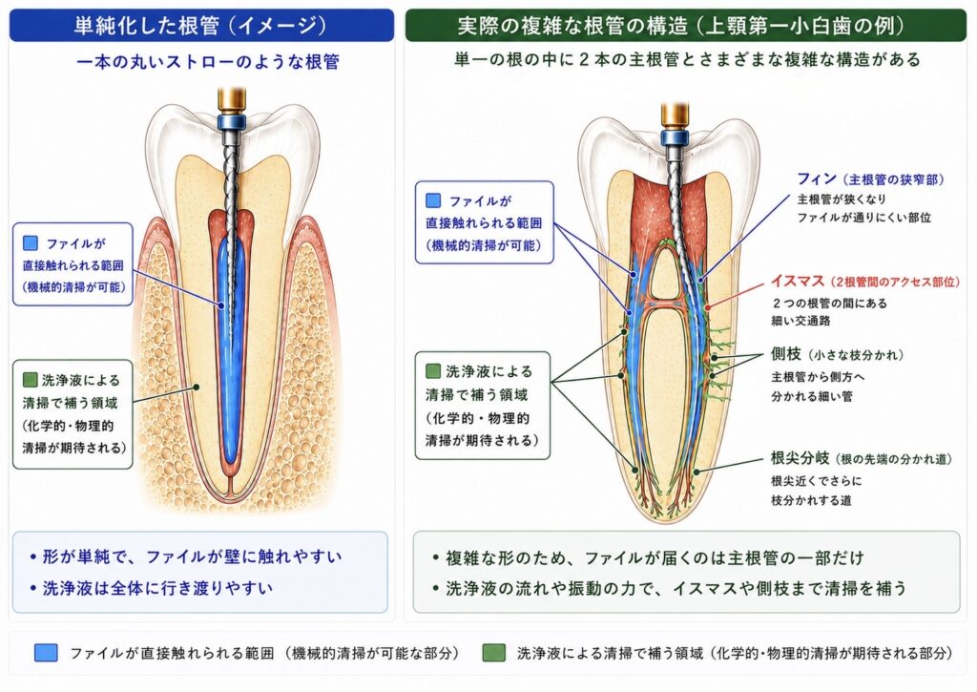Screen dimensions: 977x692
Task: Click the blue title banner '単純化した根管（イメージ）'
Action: pos(201,25)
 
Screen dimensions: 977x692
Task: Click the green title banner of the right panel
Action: pos(685,25)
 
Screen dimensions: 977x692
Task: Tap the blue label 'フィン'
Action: pos(817,178)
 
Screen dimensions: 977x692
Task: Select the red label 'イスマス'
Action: pos(798,282)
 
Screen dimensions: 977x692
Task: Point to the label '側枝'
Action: pos(786,354)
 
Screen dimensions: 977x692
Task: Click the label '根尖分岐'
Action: pos(800,458)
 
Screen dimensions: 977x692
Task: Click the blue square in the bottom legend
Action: pos(46,653)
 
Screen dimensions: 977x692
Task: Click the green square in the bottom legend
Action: pos(493,653)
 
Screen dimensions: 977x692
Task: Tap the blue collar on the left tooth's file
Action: pos(232,121)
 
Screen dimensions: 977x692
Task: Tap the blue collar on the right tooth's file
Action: pos(675,136)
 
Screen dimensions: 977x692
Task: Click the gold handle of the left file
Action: pos(232,100)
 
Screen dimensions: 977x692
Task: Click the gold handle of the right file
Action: pos(675,115)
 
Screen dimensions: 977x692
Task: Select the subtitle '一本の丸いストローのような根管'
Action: pos(207,62)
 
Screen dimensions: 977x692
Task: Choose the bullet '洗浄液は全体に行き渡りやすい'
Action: pos(157,588)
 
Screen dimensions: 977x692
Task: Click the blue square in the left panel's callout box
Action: pos(30,242)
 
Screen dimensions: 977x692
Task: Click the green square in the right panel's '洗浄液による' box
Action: pos(433,371)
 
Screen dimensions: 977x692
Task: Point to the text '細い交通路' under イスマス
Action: pos(800,321)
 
